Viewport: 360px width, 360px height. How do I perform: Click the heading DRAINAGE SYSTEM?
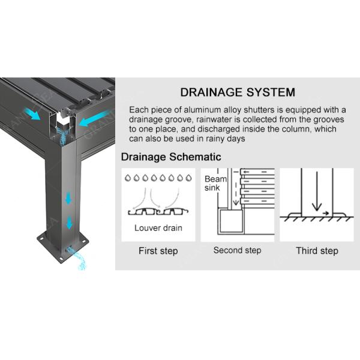click(238, 92)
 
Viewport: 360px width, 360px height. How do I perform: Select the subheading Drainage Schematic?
click(171, 157)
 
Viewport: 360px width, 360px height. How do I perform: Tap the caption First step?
click(158, 251)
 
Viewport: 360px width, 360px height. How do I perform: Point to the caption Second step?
click(237, 250)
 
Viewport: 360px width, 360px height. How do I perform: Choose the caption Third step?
click(317, 251)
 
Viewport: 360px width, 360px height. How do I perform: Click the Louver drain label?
click(158, 228)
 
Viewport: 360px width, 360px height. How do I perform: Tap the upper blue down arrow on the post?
click(69, 198)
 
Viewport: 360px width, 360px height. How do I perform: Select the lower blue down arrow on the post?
click(69, 223)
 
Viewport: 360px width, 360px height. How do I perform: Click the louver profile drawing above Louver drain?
click(158, 212)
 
